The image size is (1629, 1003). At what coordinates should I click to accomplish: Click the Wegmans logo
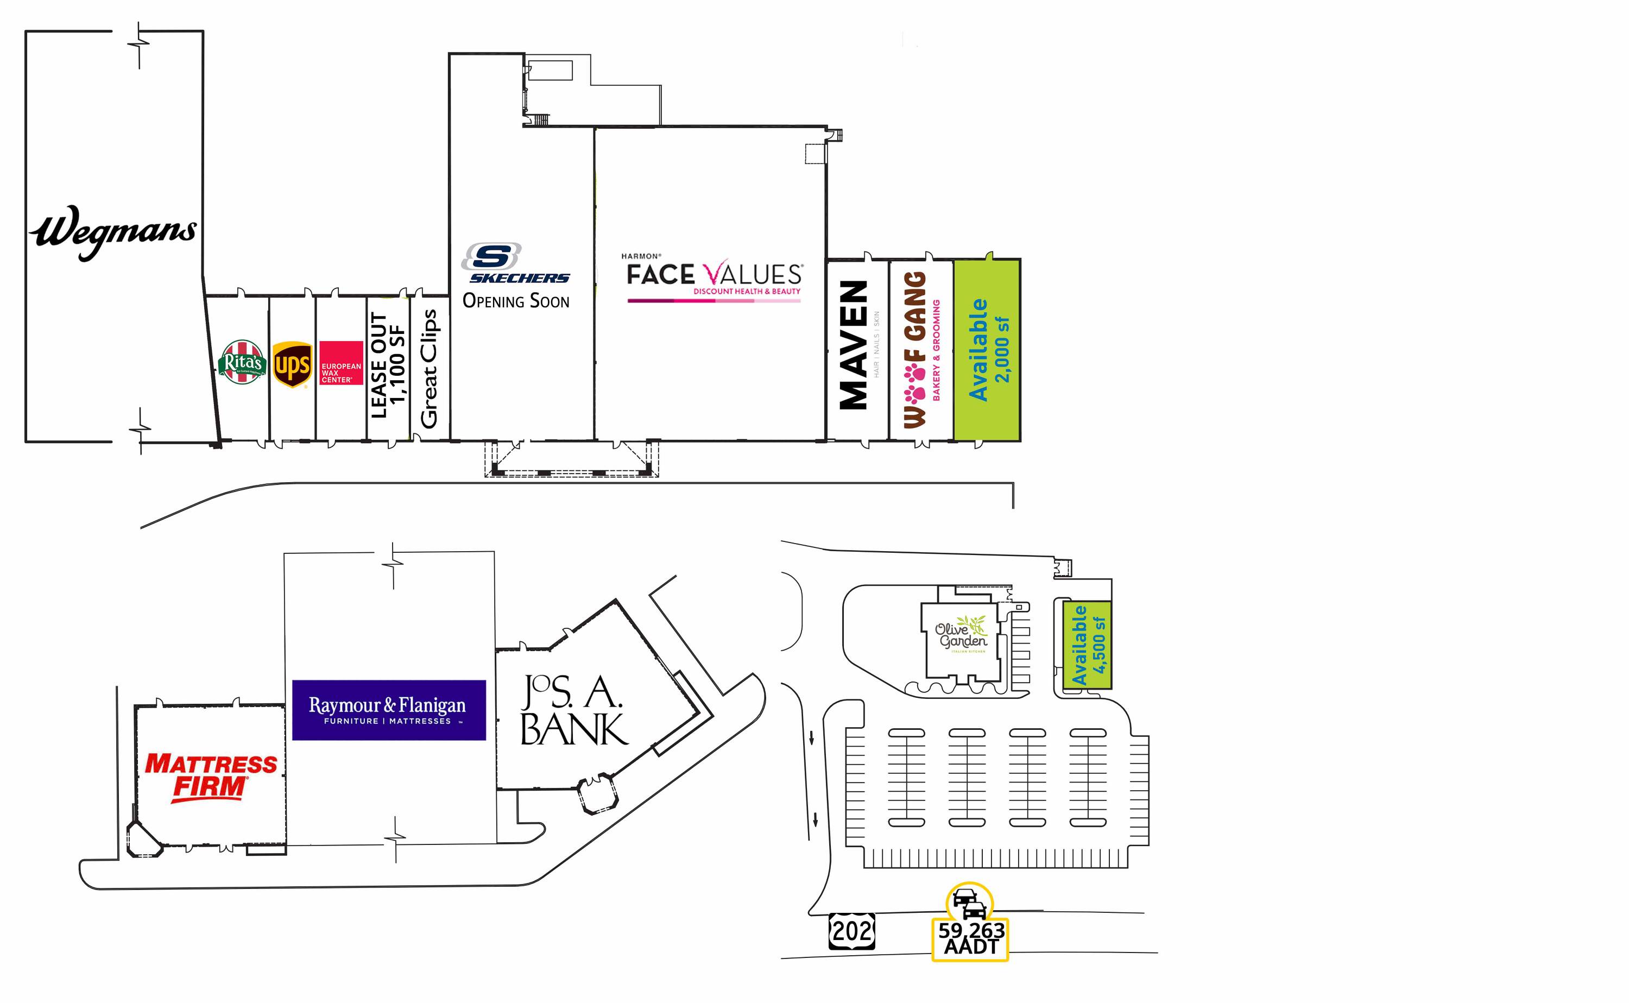tap(113, 232)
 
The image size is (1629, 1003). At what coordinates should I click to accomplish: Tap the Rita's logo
tap(242, 363)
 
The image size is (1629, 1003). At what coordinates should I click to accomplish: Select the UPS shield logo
tap(292, 364)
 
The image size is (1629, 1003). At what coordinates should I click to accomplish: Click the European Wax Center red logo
tap(341, 363)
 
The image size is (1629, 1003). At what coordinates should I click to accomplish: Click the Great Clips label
tap(429, 369)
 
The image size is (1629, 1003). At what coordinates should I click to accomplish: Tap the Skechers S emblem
tap(491, 256)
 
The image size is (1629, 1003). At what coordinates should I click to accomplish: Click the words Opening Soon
tap(516, 301)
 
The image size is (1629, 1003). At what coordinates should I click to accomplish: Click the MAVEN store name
tap(854, 345)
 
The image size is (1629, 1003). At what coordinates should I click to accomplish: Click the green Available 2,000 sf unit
tap(987, 350)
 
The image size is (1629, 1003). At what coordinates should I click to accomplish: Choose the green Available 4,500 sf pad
tap(1087, 645)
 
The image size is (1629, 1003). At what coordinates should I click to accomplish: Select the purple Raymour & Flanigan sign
tap(389, 710)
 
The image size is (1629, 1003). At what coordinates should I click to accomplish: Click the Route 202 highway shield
tap(851, 931)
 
